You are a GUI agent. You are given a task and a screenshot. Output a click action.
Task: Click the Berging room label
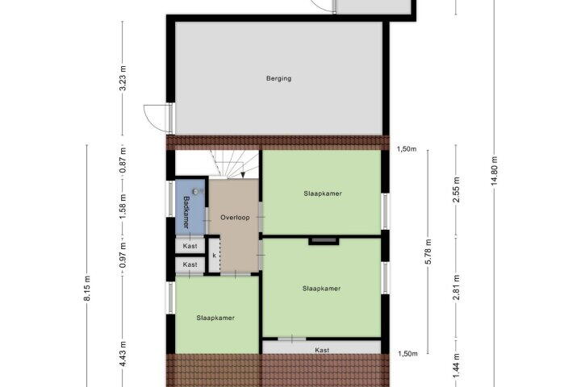click(278, 78)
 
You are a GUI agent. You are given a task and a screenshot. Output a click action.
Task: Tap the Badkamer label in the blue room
click(186, 212)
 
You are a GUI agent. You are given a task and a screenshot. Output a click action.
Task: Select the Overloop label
click(235, 218)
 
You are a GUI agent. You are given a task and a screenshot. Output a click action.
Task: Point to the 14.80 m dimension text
click(494, 173)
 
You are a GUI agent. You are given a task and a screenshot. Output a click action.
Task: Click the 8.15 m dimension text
click(87, 288)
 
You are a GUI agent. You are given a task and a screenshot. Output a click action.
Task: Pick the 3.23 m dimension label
click(123, 78)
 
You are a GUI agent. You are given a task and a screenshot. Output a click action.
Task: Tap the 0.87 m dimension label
click(123, 160)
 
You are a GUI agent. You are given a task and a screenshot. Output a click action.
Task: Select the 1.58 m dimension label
click(123, 206)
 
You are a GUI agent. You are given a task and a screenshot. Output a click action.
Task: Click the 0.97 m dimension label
click(123, 255)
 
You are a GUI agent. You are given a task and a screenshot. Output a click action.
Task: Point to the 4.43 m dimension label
click(123, 354)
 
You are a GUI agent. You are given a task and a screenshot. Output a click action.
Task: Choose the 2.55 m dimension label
click(456, 189)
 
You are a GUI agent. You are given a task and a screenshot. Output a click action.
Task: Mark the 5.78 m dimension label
click(428, 252)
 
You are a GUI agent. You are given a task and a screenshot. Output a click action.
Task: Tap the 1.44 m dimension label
click(456, 366)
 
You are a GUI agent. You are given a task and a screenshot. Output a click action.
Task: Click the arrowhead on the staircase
click(242, 175)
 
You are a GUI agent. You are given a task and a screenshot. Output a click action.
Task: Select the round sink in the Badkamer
click(196, 191)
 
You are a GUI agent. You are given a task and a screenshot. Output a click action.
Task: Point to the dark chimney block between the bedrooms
click(324, 241)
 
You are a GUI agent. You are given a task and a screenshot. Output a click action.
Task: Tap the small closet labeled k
click(214, 256)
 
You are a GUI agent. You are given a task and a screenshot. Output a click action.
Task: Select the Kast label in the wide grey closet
click(322, 350)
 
